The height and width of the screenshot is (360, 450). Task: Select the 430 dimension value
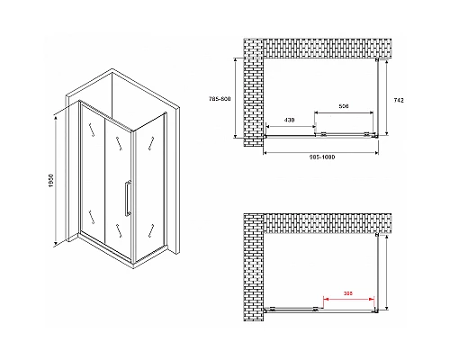tap(290, 120)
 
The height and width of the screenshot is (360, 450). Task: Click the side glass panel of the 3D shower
tap(148, 180)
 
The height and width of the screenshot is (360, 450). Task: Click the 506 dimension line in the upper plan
tap(344, 112)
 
